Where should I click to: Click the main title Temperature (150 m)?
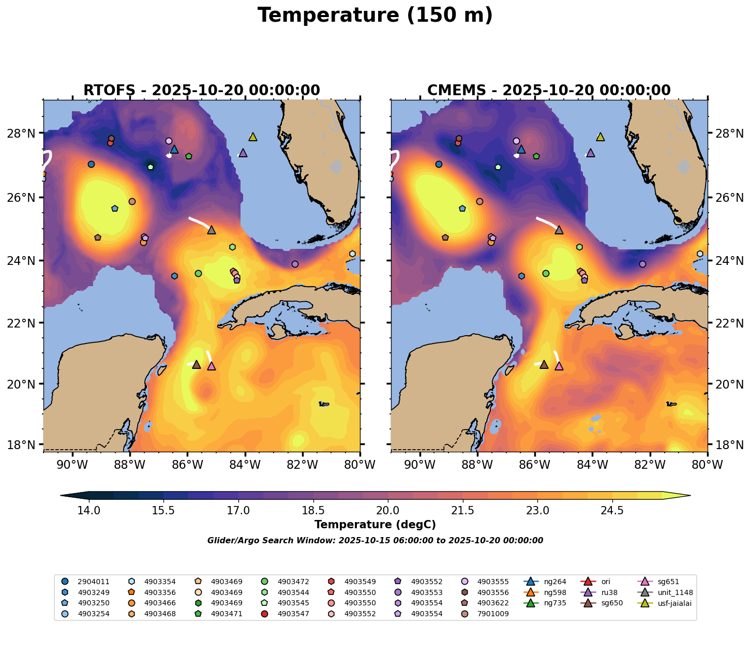pos(375,16)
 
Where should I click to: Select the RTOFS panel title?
pos(202,91)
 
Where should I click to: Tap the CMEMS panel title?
pos(549,91)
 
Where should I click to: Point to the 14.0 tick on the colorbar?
pos(89,511)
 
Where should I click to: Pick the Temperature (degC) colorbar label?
pos(375,525)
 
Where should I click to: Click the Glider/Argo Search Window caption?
pos(375,541)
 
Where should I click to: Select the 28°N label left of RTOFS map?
pos(24,133)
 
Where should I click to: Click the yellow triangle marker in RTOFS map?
pos(253,137)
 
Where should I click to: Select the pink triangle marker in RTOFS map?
pos(211,366)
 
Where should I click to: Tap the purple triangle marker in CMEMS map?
pos(590,153)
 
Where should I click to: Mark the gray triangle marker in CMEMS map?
pos(559,230)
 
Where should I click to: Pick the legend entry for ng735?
pos(548,603)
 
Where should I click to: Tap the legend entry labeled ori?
pos(606,582)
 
